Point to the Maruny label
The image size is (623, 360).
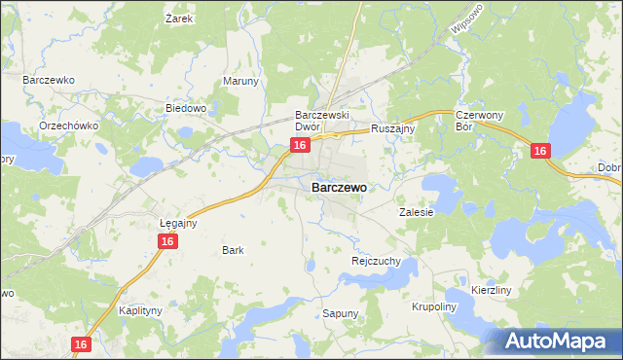click(x=241, y=81)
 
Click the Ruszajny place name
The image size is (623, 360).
click(x=393, y=127)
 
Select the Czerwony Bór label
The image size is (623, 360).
click(x=477, y=120)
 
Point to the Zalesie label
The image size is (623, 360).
click(x=416, y=211)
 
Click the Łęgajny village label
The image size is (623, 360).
click(x=178, y=223)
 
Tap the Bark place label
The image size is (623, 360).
click(x=233, y=250)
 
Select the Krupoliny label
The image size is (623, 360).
click(x=434, y=306)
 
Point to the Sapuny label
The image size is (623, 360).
click(x=341, y=313)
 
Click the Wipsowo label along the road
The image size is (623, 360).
click(x=467, y=21)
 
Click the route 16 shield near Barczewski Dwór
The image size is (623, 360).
click(x=300, y=145)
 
